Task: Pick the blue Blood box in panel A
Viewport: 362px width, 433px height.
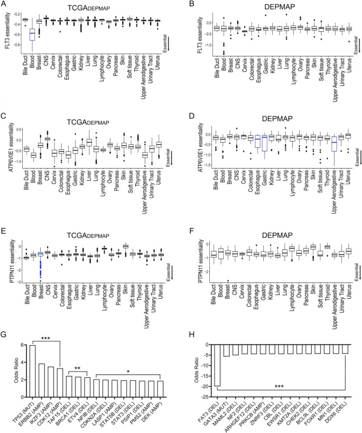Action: pos(32,38)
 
